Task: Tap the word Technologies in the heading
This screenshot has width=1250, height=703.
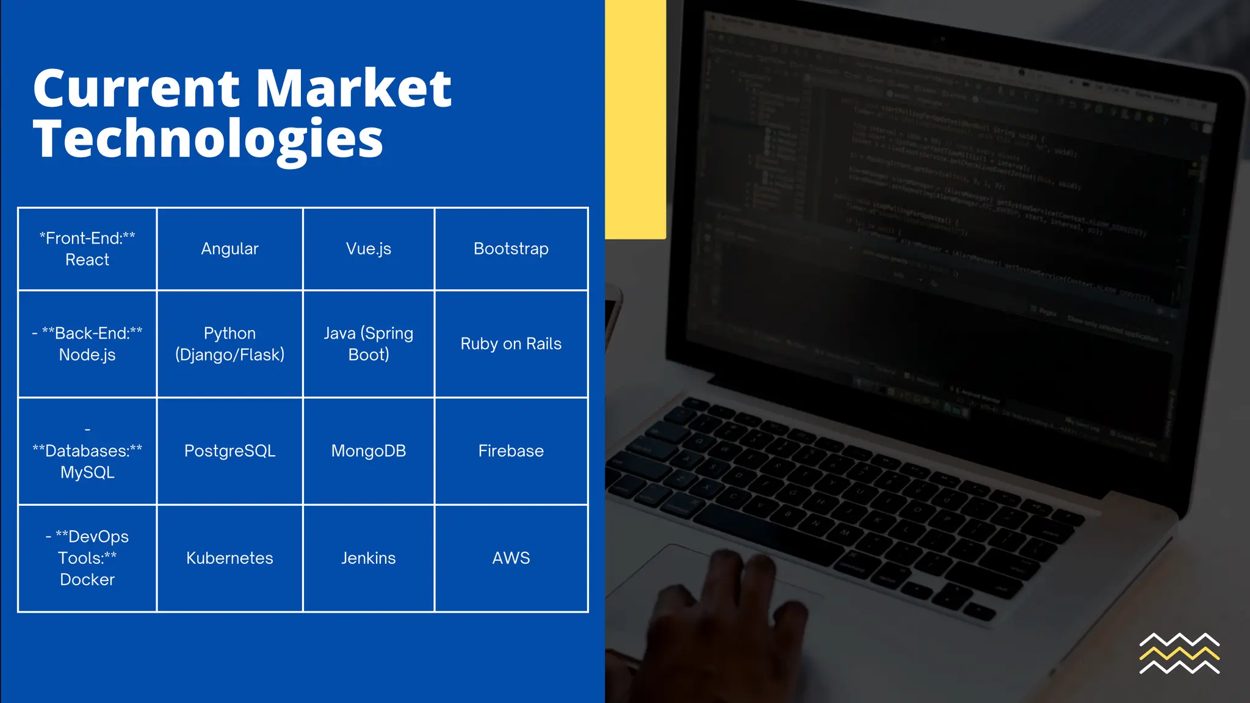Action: [x=208, y=139]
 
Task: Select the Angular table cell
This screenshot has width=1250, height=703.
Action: [x=229, y=249]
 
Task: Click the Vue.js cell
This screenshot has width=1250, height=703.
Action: [x=368, y=249]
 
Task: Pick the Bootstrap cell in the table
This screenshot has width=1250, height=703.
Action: [x=511, y=249]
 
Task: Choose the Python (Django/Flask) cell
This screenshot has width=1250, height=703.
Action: [x=229, y=344]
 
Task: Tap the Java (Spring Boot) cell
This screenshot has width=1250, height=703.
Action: [x=368, y=344]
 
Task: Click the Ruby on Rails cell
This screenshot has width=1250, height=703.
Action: [x=511, y=344]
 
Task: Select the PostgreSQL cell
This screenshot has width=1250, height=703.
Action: [x=229, y=451]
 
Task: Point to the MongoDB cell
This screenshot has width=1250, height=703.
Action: [x=368, y=451]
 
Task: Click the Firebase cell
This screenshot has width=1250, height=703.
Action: [x=511, y=451]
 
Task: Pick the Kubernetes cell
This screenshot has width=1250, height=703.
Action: [x=229, y=558]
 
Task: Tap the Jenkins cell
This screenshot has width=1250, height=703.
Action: [x=368, y=558]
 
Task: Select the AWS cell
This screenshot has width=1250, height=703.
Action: [x=511, y=558]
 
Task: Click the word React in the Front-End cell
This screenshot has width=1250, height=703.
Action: [x=87, y=260]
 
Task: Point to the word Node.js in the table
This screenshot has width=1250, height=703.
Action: [x=87, y=355]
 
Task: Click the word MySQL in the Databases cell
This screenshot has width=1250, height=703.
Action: [x=87, y=473]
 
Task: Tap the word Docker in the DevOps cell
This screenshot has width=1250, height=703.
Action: [x=87, y=580]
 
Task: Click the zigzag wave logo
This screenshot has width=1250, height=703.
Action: [x=1179, y=654]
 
